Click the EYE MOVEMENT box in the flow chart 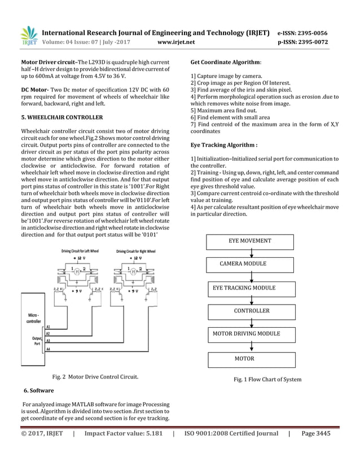click(x=249, y=241)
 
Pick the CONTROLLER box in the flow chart click(x=252, y=311)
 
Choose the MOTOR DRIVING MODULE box click(x=246, y=334)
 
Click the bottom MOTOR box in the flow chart click(x=244, y=359)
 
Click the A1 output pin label click(x=49, y=327)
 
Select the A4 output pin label click(x=49, y=350)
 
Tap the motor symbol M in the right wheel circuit click(x=133, y=270)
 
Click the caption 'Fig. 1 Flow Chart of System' click(x=267, y=380)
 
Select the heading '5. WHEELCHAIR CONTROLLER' click(x=62, y=117)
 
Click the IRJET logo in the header click(x=29, y=36)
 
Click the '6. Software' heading click(x=39, y=390)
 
